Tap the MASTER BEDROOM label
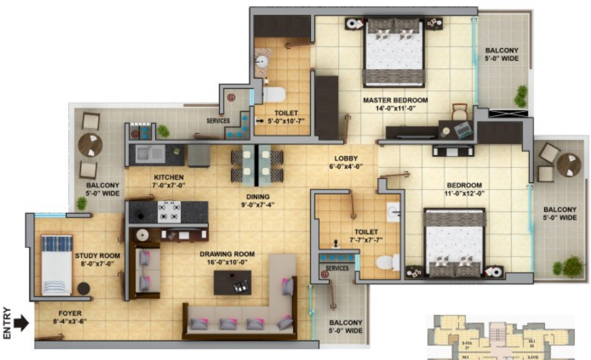click(395, 104)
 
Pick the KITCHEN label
click(169, 181)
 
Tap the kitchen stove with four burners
click(169, 211)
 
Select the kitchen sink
click(150, 153)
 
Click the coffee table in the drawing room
click(233, 282)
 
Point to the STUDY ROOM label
click(98, 259)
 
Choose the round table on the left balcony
click(90, 145)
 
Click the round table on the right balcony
click(569, 164)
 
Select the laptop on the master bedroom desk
click(463, 130)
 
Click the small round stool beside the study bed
click(83, 288)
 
